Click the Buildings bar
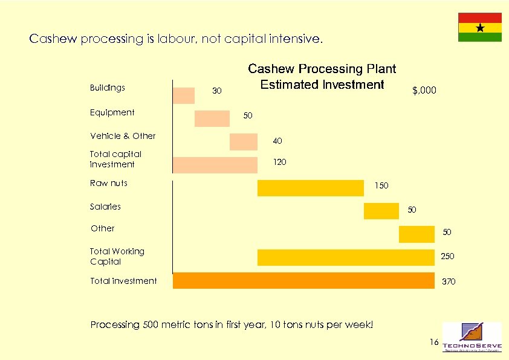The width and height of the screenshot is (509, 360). point(184,95)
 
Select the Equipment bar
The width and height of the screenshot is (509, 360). point(212,118)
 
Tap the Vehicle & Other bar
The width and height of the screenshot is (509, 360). point(244,141)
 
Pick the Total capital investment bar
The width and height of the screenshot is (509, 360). point(215,165)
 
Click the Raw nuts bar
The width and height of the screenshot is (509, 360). point(311,188)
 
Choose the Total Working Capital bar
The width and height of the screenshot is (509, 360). point(346,257)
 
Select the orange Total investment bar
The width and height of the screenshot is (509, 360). point(303,281)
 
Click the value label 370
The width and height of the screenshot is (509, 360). point(449,282)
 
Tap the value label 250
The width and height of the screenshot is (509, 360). point(447,257)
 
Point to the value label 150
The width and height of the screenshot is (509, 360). point(381,185)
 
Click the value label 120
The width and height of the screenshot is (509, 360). point(280,162)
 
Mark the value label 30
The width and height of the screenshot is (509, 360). point(217,91)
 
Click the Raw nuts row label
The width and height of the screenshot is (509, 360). point(109,183)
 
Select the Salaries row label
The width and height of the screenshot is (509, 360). point(105,207)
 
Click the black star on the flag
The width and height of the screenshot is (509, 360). point(480,28)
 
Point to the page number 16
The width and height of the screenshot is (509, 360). point(433,342)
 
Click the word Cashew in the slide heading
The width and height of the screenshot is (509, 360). point(50,39)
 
